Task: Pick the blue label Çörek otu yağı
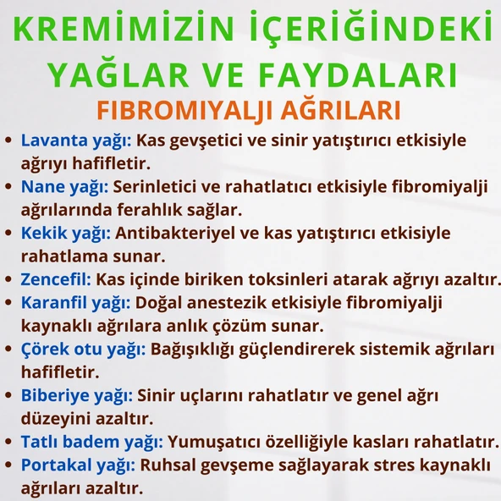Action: (x=83, y=349)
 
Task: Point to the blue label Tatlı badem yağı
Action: (x=92, y=441)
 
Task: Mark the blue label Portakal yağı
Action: (x=78, y=465)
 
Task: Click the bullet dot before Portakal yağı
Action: (x=9, y=465)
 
